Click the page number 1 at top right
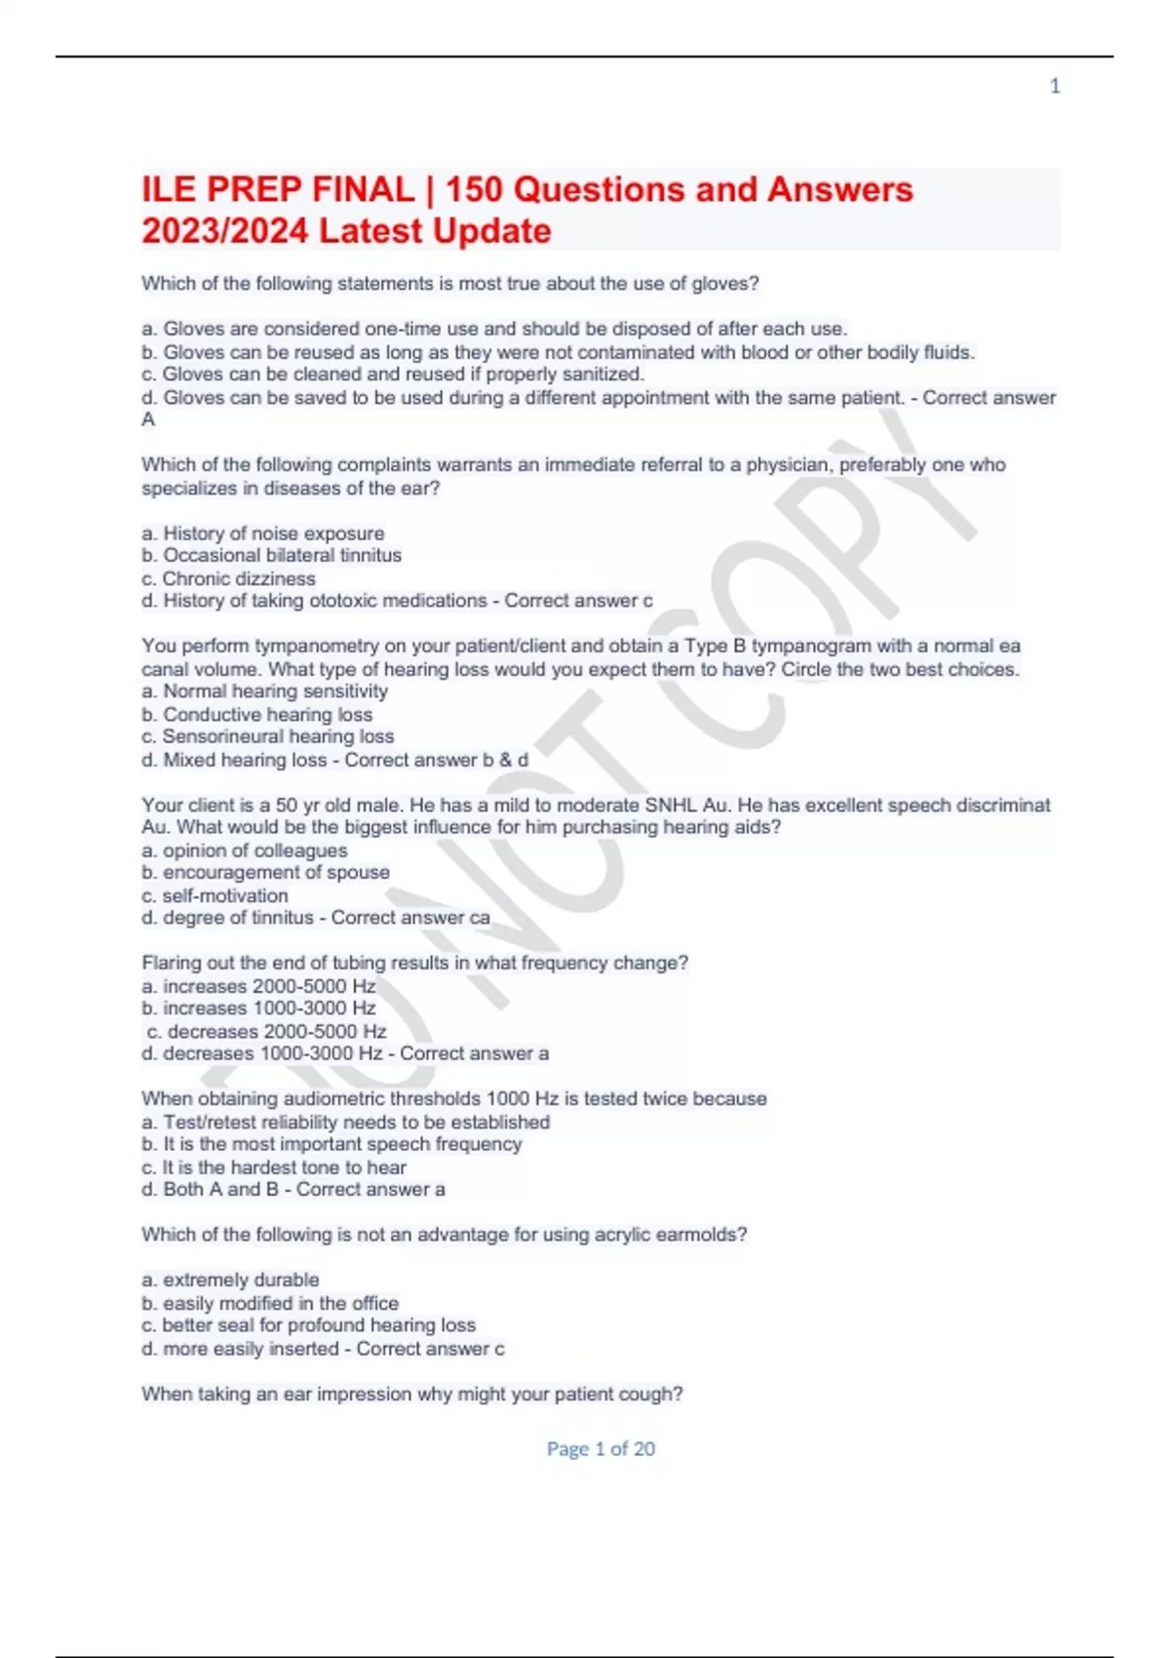[1054, 87]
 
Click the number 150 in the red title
[476, 189]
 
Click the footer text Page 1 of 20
[601, 1449]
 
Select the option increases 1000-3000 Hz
[258, 1008]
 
